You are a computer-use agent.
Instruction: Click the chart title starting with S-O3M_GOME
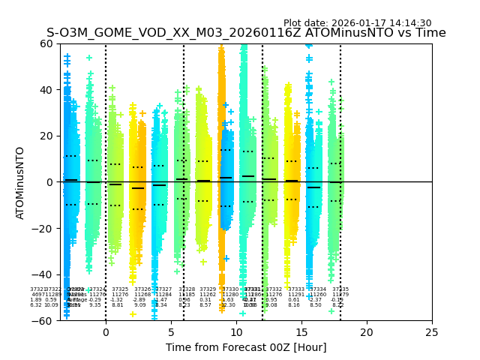point(246,33)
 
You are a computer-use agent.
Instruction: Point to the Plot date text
point(357,23)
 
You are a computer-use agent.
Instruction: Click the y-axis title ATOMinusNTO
point(21,182)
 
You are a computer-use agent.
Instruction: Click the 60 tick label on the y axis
point(47,43)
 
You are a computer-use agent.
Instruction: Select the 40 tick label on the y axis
point(47,90)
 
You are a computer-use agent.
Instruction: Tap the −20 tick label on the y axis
point(44,229)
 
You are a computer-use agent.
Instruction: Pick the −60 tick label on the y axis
point(44,321)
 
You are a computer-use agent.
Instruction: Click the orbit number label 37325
point(120,289)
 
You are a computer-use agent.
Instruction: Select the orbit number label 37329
point(208,289)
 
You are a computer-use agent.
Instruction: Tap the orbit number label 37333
point(296,289)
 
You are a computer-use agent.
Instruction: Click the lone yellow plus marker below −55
point(133,314)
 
